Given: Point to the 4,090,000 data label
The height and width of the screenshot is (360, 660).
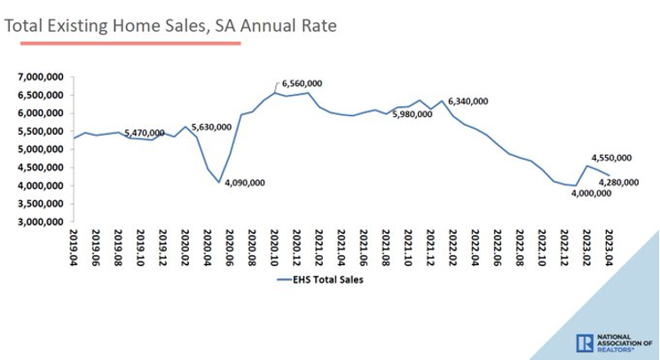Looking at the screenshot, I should pos(242,184).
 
